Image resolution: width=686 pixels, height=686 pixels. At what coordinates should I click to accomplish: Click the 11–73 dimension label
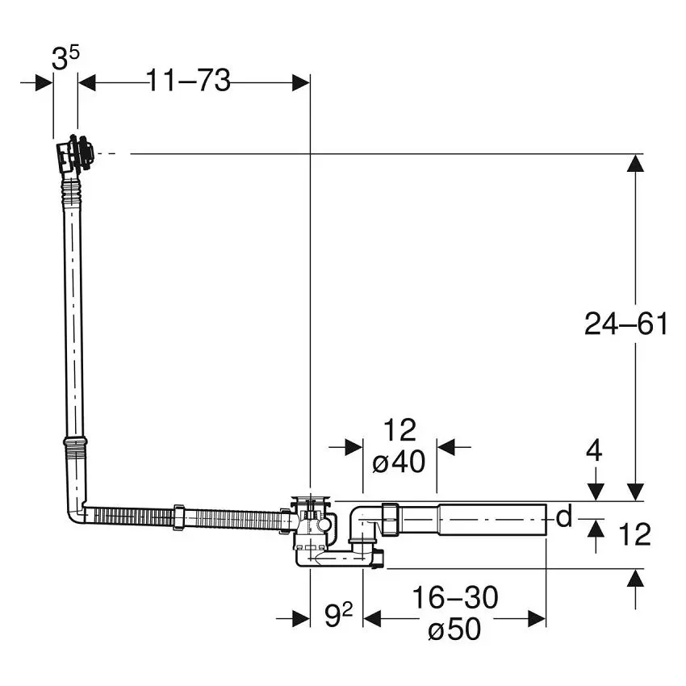click(188, 81)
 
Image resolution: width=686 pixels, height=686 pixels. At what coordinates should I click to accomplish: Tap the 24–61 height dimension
click(626, 324)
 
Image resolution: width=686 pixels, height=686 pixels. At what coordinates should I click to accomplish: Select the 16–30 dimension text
click(455, 597)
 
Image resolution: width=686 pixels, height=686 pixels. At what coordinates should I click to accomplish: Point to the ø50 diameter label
click(455, 629)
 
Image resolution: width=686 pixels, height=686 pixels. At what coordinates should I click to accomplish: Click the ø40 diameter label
click(399, 461)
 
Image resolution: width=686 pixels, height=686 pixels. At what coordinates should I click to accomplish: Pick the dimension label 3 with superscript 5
click(65, 58)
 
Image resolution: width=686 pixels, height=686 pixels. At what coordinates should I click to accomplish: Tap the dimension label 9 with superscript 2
click(338, 614)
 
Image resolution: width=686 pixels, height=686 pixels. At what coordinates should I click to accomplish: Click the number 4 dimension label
click(594, 450)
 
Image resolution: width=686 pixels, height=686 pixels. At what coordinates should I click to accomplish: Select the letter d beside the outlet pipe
click(564, 517)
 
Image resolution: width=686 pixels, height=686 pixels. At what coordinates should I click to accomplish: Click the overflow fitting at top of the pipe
click(74, 154)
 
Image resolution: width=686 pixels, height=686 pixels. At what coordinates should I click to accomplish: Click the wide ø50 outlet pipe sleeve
click(492, 520)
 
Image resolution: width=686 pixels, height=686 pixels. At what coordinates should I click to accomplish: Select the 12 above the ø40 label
click(399, 430)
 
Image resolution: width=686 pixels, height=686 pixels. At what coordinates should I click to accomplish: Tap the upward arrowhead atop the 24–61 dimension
click(635, 163)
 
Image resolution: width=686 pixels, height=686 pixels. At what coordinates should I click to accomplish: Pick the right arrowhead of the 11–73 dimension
click(301, 82)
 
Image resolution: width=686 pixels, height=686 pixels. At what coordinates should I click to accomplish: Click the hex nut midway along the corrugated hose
click(179, 517)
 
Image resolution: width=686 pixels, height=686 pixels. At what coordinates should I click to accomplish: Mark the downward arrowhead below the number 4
click(596, 492)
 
